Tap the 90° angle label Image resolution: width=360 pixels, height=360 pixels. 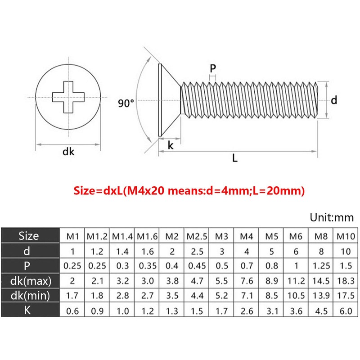126,103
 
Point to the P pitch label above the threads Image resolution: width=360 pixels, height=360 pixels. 213,68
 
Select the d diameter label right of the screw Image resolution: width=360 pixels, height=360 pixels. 333,100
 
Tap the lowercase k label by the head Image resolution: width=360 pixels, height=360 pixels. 171,145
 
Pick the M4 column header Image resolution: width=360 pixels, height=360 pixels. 246,235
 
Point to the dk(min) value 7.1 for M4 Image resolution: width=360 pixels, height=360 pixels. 246,296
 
